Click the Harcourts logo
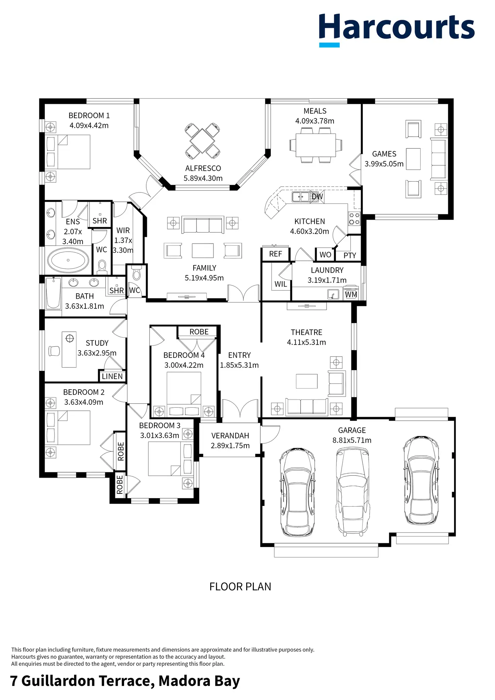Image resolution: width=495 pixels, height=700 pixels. click(396, 30)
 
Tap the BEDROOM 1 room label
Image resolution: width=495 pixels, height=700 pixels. click(89, 116)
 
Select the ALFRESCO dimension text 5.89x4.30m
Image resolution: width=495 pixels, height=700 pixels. click(203, 178)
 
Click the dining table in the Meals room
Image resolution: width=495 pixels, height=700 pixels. click(316, 145)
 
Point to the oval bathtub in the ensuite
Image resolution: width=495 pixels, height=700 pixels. click(68, 260)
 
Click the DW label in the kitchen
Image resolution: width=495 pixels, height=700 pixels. click(317, 196)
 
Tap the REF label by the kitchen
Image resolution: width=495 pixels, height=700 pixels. click(275, 254)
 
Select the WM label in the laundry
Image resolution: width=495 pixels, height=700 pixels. click(351, 295)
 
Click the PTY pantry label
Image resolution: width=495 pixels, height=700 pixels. click(350, 256)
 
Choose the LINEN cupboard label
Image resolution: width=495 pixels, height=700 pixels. click(112, 376)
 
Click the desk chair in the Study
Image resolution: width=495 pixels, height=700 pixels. click(54, 351)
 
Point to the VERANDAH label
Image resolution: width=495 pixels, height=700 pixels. click(230, 436)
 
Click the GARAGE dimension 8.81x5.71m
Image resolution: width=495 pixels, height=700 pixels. click(352, 440)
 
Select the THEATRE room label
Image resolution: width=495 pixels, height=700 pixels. click(306, 332)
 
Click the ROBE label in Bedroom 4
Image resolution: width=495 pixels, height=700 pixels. click(199, 332)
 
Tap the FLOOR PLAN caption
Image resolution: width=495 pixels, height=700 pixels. click(240, 587)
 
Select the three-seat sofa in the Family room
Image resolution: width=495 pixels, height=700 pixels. click(203, 225)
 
